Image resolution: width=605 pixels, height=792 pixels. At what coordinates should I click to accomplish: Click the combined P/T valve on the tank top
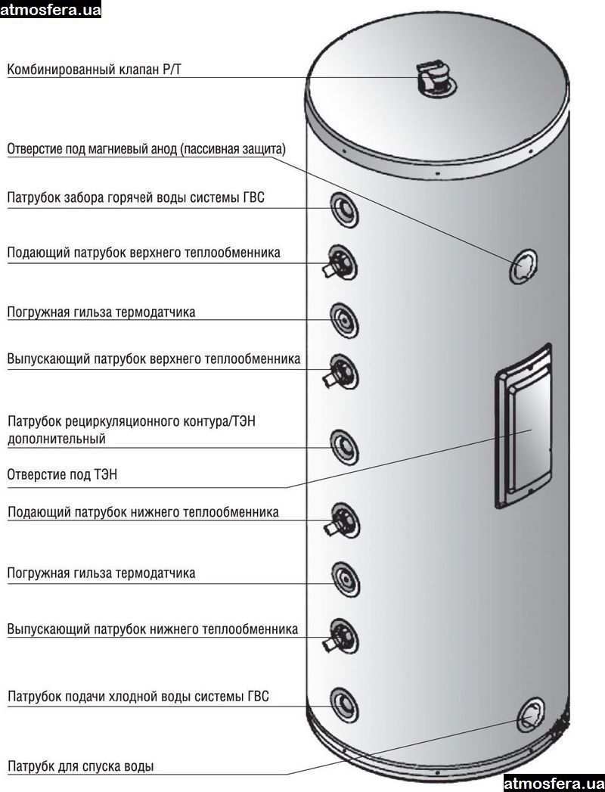(433, 79)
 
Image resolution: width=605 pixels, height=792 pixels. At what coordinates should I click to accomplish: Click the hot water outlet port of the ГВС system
(344, 208)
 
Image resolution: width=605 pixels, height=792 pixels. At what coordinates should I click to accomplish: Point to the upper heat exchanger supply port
(343, 262)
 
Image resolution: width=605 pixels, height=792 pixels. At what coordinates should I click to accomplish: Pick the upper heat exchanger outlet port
(343, 371)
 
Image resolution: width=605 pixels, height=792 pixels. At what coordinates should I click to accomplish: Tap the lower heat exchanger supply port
(343, 521)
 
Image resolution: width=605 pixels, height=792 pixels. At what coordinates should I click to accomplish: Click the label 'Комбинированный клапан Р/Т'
(95, 70)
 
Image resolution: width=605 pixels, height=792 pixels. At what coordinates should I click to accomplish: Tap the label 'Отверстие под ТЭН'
(63, 475)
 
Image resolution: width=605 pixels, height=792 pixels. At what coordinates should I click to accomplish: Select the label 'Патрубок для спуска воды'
(81, 766)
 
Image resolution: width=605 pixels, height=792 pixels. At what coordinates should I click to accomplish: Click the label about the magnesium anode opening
(147, 149)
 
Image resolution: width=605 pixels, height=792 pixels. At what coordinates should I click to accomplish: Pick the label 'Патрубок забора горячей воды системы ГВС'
(136, 198)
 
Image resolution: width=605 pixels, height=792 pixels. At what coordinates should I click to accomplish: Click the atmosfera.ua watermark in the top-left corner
(51, 10)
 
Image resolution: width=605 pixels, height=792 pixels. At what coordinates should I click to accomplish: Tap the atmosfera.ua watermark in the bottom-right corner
(554, 782)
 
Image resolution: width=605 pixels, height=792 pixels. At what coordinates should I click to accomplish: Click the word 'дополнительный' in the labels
(57, 439)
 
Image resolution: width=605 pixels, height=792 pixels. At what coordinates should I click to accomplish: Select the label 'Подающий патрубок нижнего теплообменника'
(143, 512)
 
